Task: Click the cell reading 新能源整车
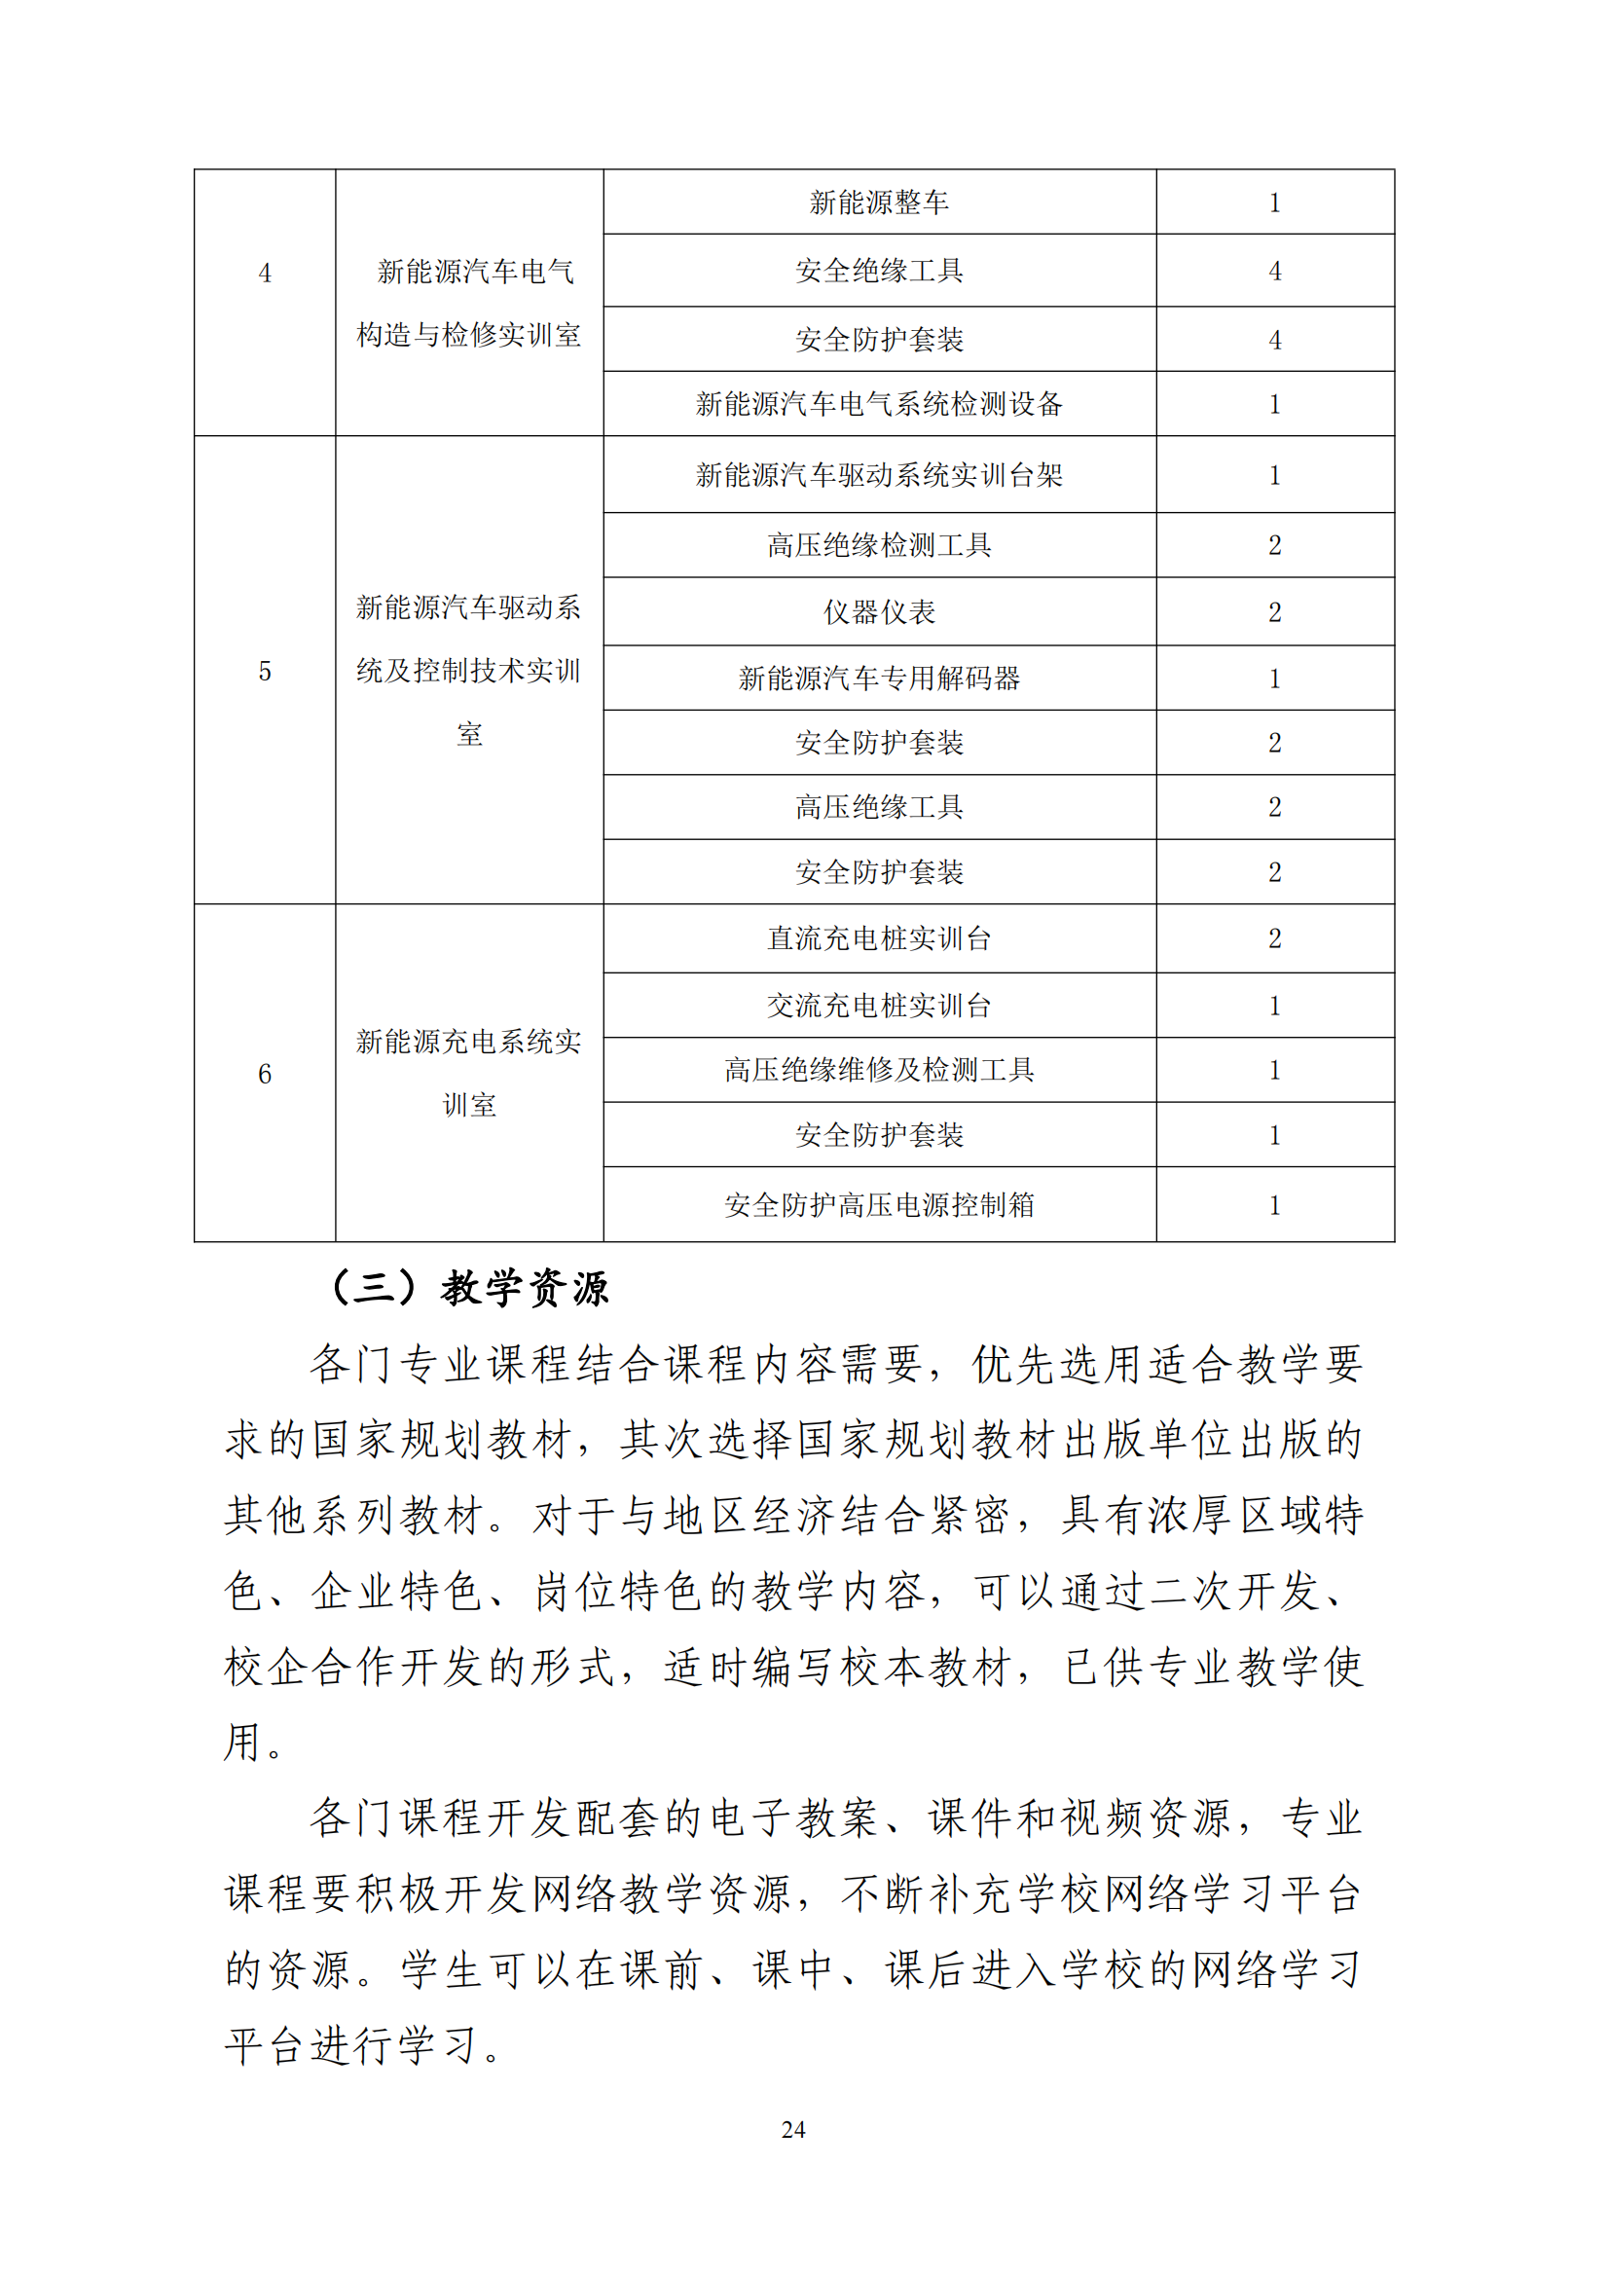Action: [878, 203]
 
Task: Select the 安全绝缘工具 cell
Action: [878, 271]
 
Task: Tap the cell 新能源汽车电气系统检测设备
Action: [878, 404]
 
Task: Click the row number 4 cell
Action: [265, 274]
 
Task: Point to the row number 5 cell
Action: [265, 672]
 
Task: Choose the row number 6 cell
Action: [265, 1075]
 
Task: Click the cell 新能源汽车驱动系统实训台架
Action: [878, 476]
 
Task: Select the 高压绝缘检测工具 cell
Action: [878, 545]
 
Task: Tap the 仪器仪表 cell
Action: [878, 612]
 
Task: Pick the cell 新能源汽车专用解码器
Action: [878, 679]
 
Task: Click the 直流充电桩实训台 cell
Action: [878, 938]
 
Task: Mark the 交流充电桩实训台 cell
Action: [878, 1007]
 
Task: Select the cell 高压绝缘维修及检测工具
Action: [878, 1071]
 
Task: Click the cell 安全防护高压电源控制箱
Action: [878, 1205]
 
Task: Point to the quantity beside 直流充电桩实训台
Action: [1274, 938]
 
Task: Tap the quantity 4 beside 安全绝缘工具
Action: [1274, 272]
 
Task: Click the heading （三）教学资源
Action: [468, 1289]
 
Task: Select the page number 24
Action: [793, 2129]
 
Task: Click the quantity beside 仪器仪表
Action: [1274, 612]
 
